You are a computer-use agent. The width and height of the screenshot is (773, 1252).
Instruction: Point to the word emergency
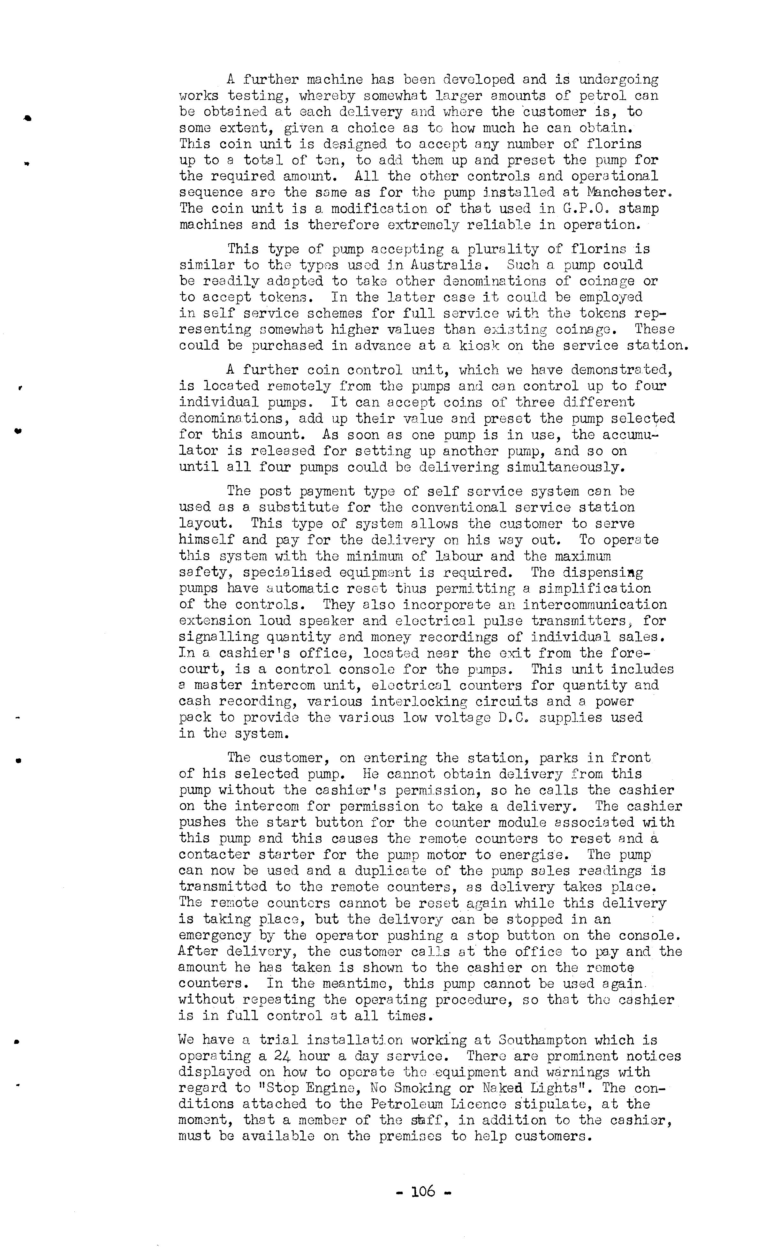(x=215, y=936)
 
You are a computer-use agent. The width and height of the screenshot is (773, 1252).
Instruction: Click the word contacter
(x=214, y=855)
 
